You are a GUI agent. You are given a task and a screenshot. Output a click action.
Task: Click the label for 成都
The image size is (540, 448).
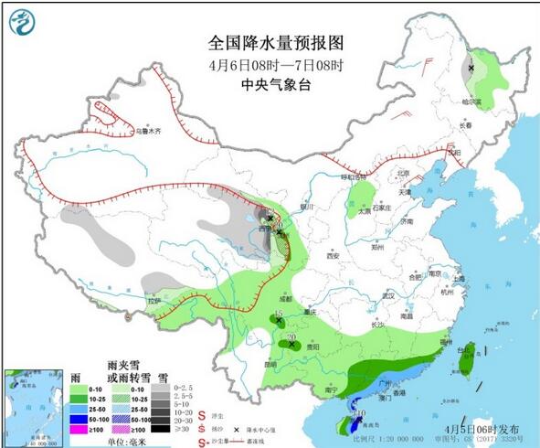[x=285, y=298]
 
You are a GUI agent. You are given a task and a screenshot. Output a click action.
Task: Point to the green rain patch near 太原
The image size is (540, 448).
[x=364, y=195]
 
